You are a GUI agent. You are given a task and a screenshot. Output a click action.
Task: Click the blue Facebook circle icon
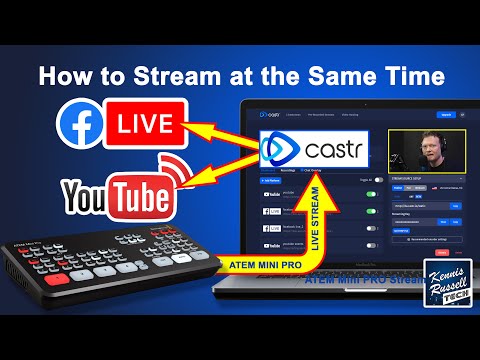click(x=79, y=128)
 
